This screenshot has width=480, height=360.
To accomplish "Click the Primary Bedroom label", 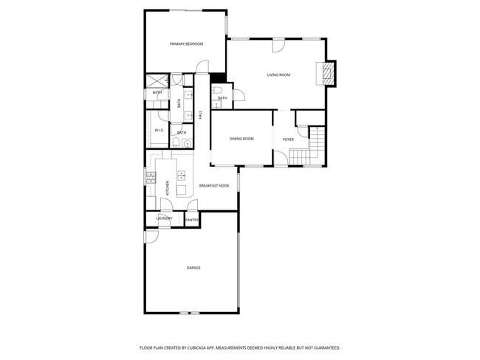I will click(x=186, y=44).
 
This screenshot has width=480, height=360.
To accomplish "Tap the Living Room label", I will click(x=278, y=75).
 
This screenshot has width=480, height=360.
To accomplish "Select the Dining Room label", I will click(x=241, y=139).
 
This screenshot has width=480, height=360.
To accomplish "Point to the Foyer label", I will click(x=288, y=139).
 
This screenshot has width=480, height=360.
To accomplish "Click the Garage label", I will click(x=193, y=268).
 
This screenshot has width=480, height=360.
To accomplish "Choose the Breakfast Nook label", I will click(x=213, y=186).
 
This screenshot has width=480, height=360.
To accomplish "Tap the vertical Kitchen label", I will click(x=168, y=187).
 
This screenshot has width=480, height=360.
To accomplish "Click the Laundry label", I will click(x=164, y=218).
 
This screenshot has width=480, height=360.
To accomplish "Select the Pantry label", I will click(x=191, y=220).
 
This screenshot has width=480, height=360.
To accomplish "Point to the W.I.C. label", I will click(x=159, y=131).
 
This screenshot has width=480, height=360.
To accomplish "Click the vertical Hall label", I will click(x=200, y=115).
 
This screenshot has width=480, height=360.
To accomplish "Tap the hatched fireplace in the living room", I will click(x=326, y=73).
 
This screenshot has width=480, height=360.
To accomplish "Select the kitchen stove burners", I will click(x=150, y=176).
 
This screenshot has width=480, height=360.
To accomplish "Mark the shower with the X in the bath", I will click(x=156, y=81).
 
